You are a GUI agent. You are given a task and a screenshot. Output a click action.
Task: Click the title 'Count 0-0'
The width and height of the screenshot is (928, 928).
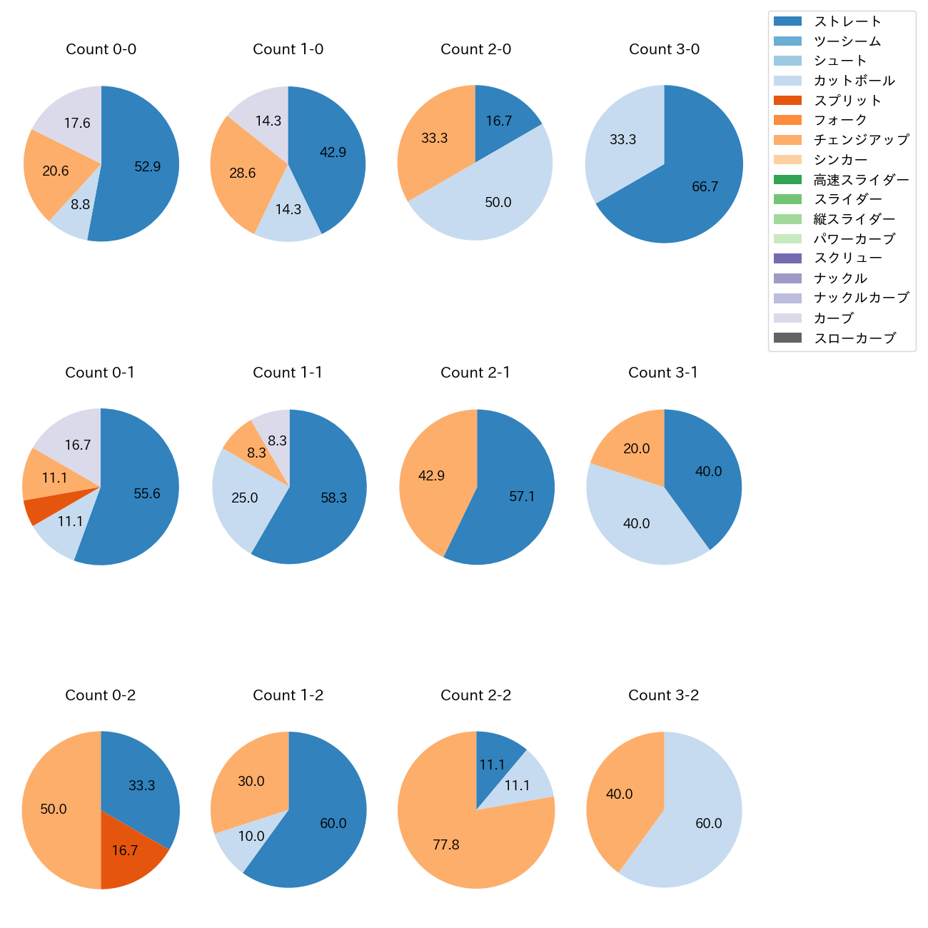101,49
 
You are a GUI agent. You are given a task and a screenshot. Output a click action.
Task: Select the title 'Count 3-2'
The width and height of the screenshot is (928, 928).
663,695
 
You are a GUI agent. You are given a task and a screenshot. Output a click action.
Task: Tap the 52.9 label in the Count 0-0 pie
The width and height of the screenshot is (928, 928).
148,167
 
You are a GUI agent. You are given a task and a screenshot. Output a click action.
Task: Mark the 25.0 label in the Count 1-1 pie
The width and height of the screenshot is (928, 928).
245,498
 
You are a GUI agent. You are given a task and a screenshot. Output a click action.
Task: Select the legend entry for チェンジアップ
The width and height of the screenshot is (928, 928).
861,140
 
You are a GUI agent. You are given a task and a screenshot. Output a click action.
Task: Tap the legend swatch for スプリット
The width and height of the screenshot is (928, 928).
787,101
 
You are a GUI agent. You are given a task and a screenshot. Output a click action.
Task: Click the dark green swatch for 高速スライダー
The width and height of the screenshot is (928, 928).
787,180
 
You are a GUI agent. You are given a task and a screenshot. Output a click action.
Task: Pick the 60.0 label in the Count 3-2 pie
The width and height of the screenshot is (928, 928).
709,824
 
